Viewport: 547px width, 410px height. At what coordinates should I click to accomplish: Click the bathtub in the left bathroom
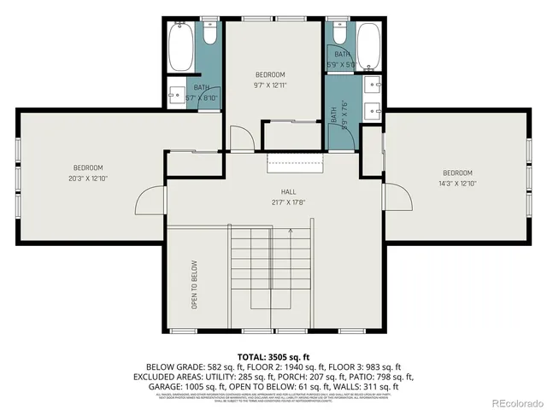click(x=181, y=50)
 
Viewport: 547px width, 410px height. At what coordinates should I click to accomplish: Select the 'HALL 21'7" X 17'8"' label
click(x=288, y=197)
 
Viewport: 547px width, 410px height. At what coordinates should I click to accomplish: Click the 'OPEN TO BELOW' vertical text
click(x=194, y=284)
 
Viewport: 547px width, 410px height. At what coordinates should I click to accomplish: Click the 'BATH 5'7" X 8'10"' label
click(x=202, y=92)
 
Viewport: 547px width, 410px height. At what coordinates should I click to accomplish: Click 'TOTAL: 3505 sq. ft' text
click(x=273, y=355)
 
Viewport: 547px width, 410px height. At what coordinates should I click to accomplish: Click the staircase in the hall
click(x=273, y=273)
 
